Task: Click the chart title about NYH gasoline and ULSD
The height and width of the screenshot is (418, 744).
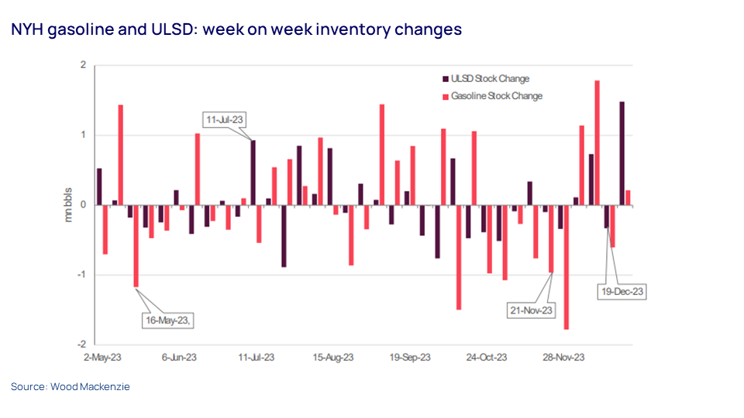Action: click(236, 29)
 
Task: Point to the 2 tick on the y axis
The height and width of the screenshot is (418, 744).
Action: click(82, 66)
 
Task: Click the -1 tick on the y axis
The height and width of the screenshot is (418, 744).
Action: click(81, 275)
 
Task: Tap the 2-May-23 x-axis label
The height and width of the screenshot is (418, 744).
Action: click(102, 358)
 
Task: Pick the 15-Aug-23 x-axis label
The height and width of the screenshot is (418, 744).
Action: click(333, 358)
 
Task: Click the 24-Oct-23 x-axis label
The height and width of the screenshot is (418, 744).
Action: click(487, 358)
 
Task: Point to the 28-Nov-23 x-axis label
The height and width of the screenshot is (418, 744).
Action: click(563, 358)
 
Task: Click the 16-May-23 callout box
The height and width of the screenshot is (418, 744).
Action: click(167, 320)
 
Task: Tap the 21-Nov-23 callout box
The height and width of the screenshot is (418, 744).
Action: click(532, 310)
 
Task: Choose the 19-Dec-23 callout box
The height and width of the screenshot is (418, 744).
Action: click(622, 292)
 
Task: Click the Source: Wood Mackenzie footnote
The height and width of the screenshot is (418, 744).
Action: click(71, 386)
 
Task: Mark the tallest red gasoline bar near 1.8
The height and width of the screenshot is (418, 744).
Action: click(598, 142)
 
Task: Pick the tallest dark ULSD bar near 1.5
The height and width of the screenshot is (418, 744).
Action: click(622, 153)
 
